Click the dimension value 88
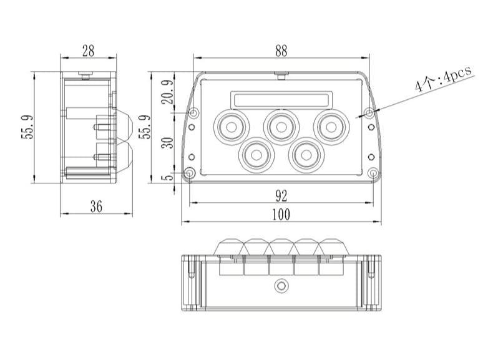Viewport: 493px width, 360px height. pos(281,52)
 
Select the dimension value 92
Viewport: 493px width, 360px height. pos(281,196)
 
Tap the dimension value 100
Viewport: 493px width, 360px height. pos(281,214)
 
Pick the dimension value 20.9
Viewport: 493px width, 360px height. pos(167,94)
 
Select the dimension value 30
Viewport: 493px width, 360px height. pos(167,143)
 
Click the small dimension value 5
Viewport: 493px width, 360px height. pos(167,177)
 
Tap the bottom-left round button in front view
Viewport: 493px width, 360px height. pos(256,152)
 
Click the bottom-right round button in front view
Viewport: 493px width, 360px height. pos(305,152)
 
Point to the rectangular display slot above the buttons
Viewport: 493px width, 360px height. pos(280,99)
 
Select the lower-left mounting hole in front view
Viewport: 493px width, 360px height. pos(190,173)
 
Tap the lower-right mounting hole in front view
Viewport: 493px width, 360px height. pos(373,173)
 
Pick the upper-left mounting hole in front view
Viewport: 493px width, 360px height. pos(193,114)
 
